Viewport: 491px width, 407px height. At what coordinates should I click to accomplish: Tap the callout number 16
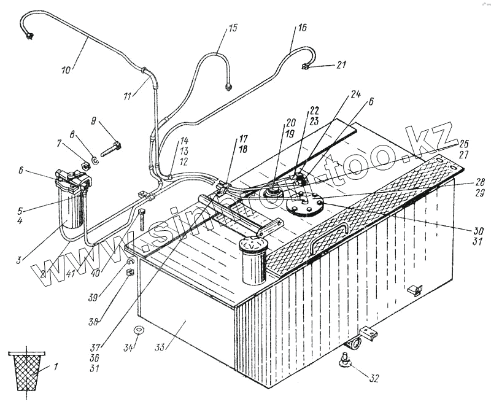pos(303,28)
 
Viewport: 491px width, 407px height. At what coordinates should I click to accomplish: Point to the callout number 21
pos(342,64)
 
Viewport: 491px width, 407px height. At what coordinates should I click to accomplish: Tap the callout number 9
pos(93,121)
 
